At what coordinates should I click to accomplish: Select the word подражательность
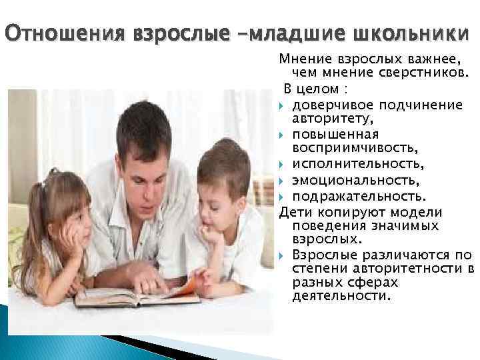(x=357, y=197)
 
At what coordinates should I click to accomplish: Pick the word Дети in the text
(x=295, y=213)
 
